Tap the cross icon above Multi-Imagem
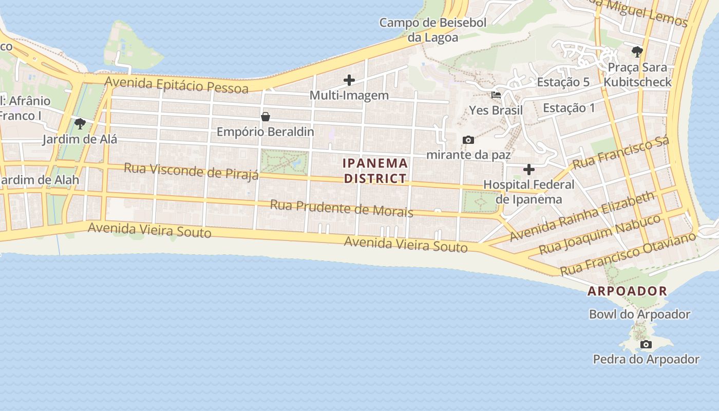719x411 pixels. (349, 80)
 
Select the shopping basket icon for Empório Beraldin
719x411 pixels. (266, 117)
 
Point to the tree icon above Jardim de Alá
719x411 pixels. (80, 124)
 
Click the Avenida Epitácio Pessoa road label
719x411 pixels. (177, 84)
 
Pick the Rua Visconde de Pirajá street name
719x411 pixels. (191, 171)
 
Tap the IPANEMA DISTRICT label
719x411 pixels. (375, 171)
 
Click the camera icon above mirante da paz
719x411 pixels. (468, 140)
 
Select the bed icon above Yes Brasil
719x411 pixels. (496, 95)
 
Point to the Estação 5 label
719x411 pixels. (563, 82)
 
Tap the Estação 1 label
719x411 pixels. (569, 108)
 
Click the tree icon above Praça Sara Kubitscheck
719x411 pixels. (637, 52)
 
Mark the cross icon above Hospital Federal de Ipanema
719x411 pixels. (529, 170)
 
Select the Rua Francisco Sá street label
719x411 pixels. (621, 153)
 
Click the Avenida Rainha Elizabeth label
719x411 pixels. (582, 216)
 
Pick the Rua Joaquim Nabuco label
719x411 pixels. (599, 234)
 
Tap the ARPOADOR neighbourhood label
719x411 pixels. (627, 291)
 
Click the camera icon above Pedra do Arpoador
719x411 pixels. (646, 344)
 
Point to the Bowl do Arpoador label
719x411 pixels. (639, 314)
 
